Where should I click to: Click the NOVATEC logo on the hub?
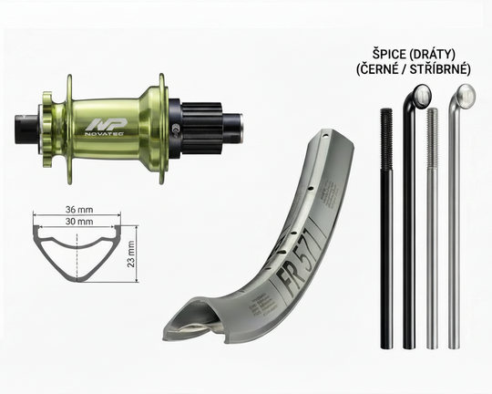point(106,128)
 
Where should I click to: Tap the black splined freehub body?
point(201,129)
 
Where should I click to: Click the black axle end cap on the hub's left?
point(26,130)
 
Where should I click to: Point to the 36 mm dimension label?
point(79,209)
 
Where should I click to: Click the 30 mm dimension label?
point(79,222)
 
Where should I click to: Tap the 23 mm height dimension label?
point(131,254)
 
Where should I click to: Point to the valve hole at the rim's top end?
point(326,137)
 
